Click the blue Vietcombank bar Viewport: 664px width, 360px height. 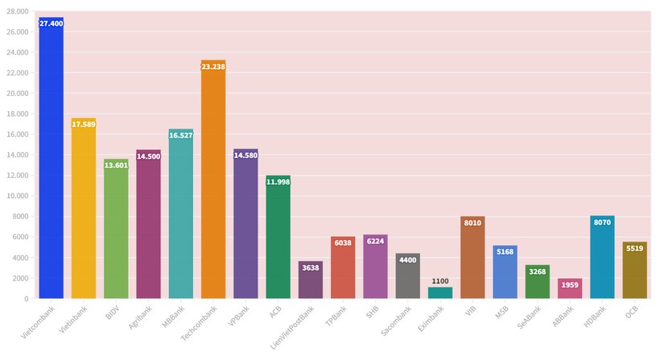(x=51, y=161)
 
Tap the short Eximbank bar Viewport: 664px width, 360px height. (x=440, y=293)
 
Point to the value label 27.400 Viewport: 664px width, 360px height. (x=51, y=24)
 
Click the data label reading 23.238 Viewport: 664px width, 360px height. (x=213, y=67)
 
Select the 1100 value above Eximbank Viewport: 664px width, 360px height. (x=440, y=281)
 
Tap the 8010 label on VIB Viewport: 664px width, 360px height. (x=472, y=223)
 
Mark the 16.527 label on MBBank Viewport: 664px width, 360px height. (x=180, y=135)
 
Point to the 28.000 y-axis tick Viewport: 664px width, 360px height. (x=17, y=12)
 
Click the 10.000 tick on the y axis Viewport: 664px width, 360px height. (x=17, y=196)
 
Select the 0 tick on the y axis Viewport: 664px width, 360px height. (x=27, y=299)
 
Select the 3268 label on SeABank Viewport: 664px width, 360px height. (x=537, y=272)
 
